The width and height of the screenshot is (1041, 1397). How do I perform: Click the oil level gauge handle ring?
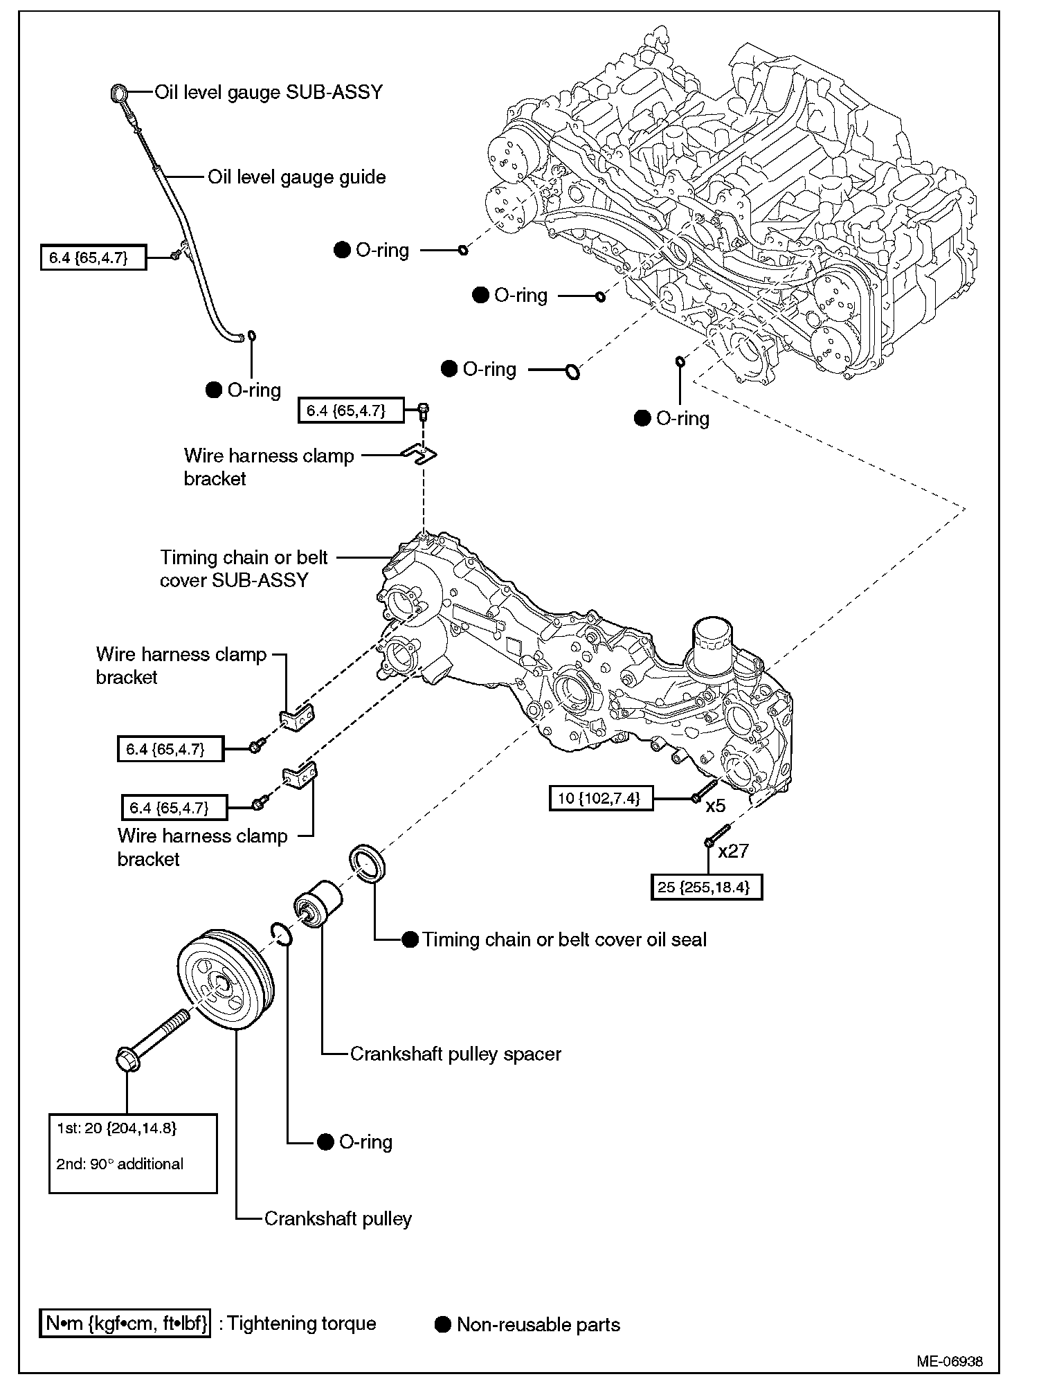pos(119,93)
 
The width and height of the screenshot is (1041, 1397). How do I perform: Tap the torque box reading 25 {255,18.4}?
pos(706,887)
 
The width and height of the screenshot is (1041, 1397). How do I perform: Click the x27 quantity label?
pos(734,851)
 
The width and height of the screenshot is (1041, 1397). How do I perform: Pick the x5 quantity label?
pos(716,806)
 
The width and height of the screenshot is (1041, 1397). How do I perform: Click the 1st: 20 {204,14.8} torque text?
pos(117,1128)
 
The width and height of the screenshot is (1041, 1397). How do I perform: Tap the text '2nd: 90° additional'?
pos(120,1164)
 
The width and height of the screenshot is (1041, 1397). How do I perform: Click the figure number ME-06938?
pos(949,1361)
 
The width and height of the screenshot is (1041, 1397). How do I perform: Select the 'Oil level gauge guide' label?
pos(297,177)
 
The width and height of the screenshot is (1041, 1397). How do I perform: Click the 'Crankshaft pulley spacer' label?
pos(455,1054)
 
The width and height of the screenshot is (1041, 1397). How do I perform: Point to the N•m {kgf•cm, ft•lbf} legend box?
pos(125,1324)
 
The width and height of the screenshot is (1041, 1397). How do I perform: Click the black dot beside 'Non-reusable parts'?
pos(443,1325)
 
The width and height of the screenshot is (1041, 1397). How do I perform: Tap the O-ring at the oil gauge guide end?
pos(252,336)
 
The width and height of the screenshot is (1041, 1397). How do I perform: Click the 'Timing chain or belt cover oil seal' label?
pos(565,939)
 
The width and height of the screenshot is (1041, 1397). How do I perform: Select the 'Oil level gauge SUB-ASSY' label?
pos(269,92)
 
